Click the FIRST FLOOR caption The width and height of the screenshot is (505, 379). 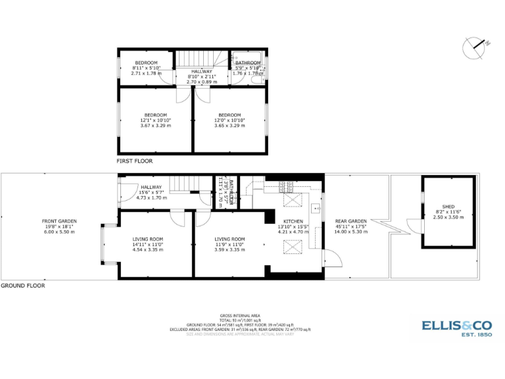(x=134, y=161)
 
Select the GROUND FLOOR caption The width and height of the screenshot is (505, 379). (x=23, y=286)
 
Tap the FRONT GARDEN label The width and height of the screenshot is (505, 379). (x=59, y=221)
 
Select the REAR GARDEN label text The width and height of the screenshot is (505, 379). (x=350, y=221)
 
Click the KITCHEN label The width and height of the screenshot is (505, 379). (x=293, y=221)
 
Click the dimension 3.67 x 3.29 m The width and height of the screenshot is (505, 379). (x=155, y=126)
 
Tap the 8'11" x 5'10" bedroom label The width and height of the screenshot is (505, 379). (x=146, y=68)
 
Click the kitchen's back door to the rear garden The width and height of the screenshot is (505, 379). (x=334, y=258)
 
